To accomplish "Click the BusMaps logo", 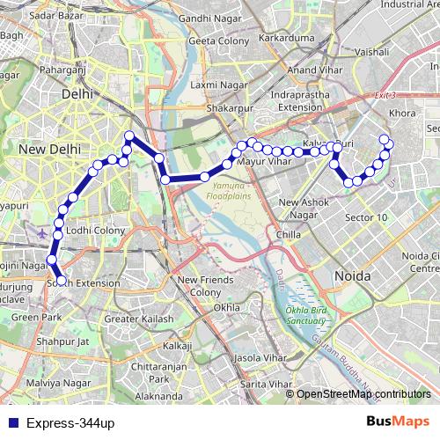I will (x=397, y=422).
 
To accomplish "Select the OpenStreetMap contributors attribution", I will (x=363, y=393).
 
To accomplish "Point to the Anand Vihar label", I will (x=314, y=70).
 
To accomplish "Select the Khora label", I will (x=402, y=114).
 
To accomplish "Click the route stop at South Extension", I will (x=61, y=281).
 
